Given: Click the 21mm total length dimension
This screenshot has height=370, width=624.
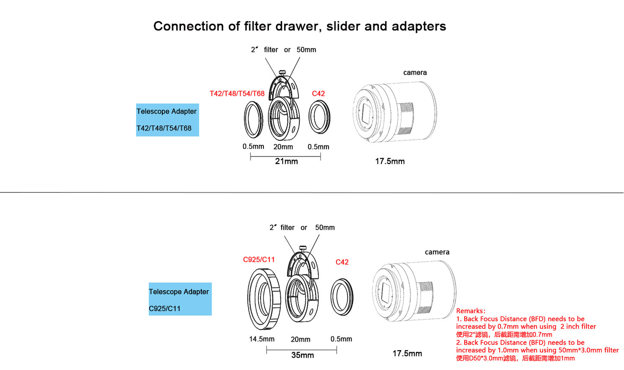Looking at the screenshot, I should point(286,161).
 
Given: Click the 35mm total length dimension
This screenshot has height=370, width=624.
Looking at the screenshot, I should point(302,355).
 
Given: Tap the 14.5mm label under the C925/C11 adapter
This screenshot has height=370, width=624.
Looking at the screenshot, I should point(262,339).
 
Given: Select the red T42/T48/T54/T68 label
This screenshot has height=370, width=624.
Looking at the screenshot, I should point(237,94).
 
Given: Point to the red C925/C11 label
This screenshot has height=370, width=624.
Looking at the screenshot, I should point(259,260).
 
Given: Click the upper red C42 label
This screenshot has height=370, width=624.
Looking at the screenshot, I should point(318,94).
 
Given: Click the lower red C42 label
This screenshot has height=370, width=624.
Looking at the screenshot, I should point(342,262).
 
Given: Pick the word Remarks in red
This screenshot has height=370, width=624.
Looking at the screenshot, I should point(470,311).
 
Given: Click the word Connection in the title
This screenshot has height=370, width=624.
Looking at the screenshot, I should point(189,26).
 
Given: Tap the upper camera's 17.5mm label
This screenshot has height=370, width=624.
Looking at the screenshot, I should point(390,161).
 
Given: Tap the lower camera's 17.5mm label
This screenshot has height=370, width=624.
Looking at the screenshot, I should point(407,354).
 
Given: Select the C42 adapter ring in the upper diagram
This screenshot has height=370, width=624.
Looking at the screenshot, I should point(320,117).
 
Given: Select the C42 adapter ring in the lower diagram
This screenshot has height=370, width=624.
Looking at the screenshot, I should point(342,297).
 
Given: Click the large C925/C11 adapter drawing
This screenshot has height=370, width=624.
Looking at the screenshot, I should point(264,298).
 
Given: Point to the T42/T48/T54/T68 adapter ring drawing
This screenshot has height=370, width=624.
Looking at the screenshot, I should point(253,119).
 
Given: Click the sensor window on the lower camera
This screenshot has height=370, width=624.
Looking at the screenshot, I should point(385,293).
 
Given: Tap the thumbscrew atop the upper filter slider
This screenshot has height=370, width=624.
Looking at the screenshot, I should point(282,73).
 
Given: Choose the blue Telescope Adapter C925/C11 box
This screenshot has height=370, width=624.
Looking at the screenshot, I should point(180,299).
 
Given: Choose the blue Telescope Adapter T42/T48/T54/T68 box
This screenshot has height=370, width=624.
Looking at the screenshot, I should point(167,120).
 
